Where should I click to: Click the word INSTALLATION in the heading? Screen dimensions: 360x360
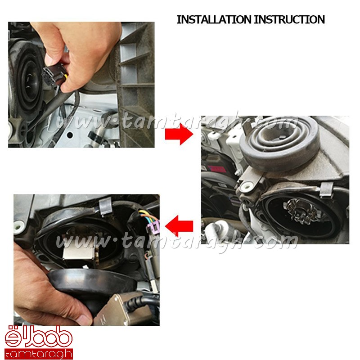pyautogui.click(x=214, y=19)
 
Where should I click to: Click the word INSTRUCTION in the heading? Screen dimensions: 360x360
pyautogui.click(x=289, y=19)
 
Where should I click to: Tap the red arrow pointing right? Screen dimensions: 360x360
pyautogui.click(x=179, y=134)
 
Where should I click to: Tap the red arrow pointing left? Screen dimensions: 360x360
pyautogui.click(x=179, y=226)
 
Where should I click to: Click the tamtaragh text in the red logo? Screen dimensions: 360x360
pyautogui.click(x=38, y=354)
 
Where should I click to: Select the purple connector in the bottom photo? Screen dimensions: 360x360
pyautogui.click(x=153, y=226)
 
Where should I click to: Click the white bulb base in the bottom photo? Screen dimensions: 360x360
pyautogui.click(x=78, y=252)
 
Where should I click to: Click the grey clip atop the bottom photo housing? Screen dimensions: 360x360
pyautogui.click(x=105, y=206)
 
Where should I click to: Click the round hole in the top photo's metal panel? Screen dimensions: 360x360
pyautogui.click(x=70, y=135)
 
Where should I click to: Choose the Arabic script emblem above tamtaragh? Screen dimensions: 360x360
pyautogui.click(x=38, y=337)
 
